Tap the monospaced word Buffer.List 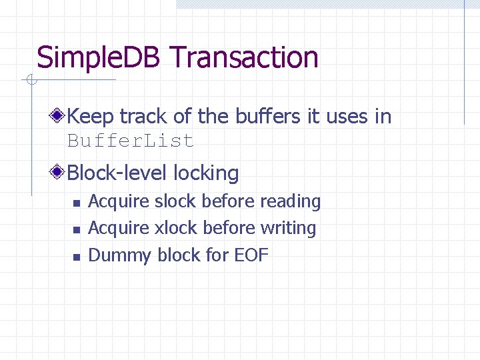[x=131, y=141]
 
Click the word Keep [x=91, y=116]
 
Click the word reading [x=290, y=201]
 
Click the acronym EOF [x=251, y=255]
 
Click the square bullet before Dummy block [x=77, y=257]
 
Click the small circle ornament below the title [x=30, y=81]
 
